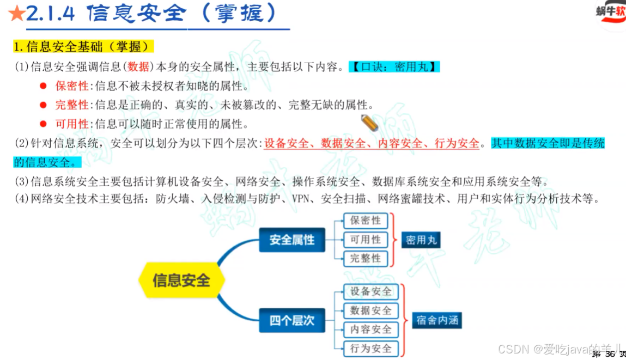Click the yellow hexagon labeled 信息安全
point(181,280)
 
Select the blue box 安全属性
point(292,240)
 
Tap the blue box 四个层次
point(292,320)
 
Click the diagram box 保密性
point(366,221)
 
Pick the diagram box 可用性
point(366,240)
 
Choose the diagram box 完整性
point(366,258)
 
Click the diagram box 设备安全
point(371,291)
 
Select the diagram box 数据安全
point(371,310)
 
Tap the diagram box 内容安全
point(371,329)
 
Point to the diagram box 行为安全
point(371,348)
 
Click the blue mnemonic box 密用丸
point(421,240)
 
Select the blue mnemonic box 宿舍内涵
point(437,320)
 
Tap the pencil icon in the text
point(369,123)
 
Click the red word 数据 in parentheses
point(138,67)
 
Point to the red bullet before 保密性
point(43,86)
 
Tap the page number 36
point(610,354)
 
